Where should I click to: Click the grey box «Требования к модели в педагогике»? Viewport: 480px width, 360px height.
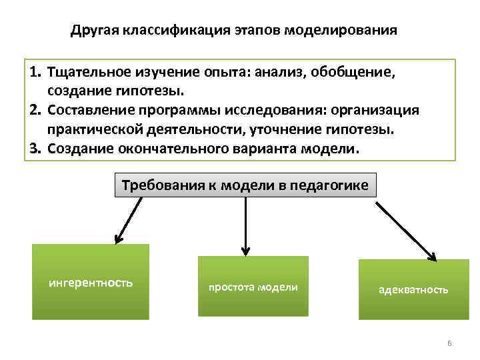(245, 185)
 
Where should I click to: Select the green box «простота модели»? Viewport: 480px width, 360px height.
(253, 286)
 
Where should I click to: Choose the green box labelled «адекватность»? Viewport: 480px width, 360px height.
(413, 289)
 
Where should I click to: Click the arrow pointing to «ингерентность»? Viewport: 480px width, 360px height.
(129, 219)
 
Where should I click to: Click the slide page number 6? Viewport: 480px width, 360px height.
(449, 343)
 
